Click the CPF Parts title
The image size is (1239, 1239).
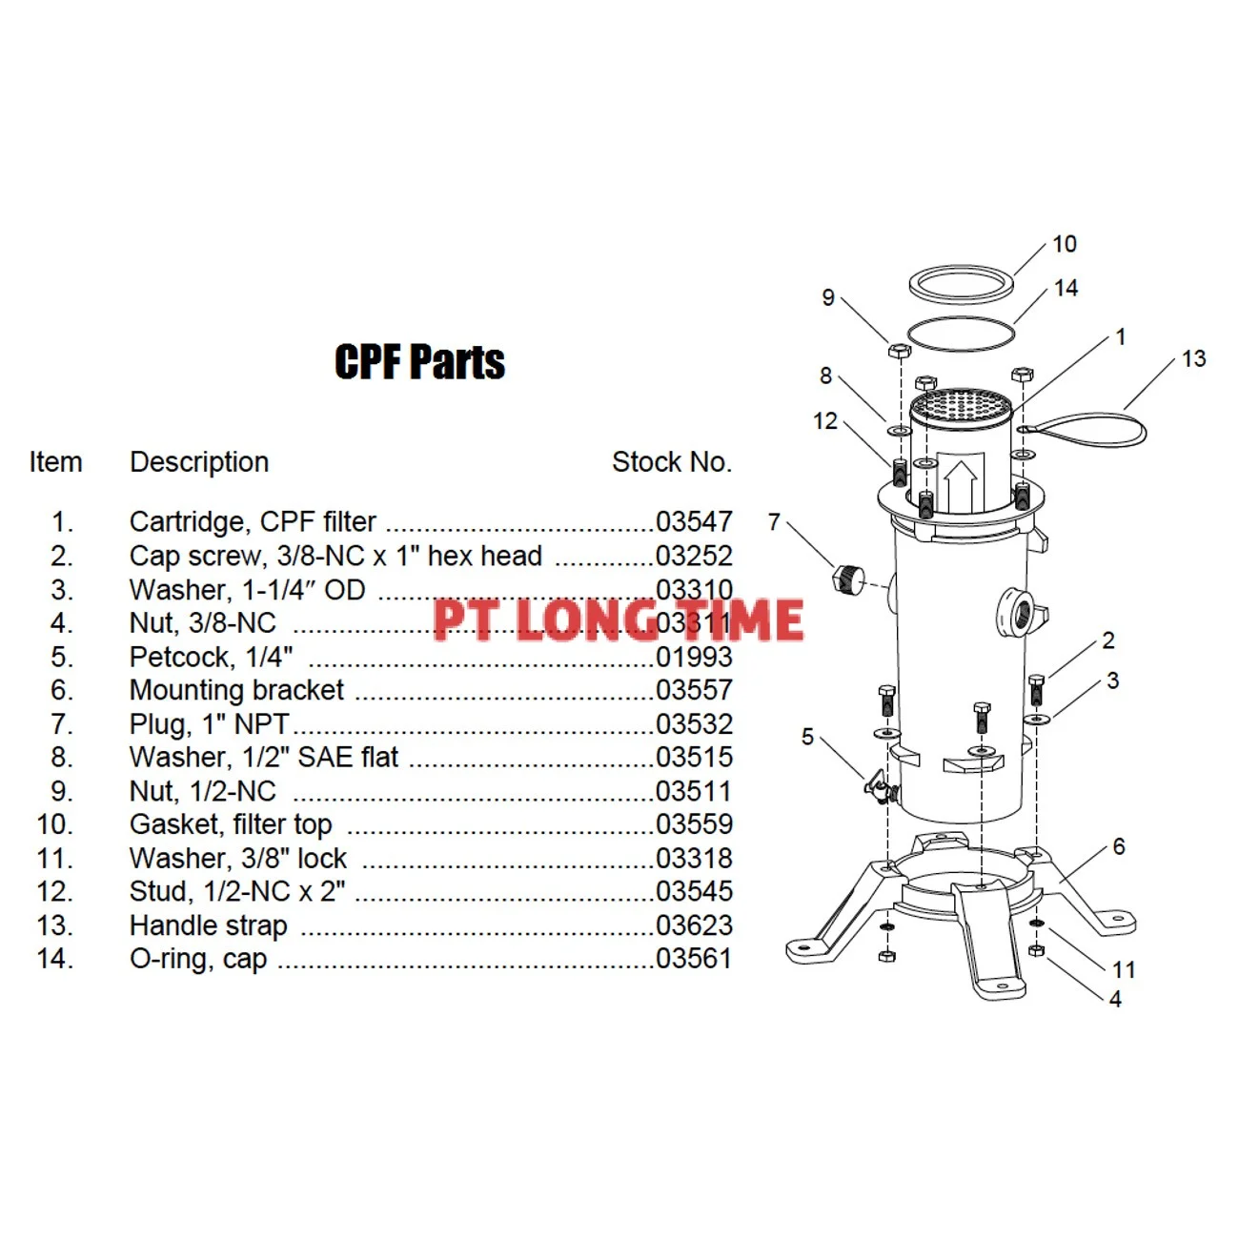[x=419, y=362]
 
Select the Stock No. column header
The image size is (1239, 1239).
[x=671, y=462]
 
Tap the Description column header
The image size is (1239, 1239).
[x=199, y=462]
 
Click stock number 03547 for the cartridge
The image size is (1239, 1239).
[x=694, y=522]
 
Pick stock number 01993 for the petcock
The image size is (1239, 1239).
[x=694, y=657]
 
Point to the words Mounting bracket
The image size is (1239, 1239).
[x=236, y=690]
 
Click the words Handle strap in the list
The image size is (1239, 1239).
[x=208, y=925]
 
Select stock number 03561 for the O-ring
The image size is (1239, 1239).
[x=694, y=959]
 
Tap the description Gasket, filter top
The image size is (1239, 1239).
[x=231, y=824]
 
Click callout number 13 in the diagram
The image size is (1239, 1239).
[x=1193, y=359]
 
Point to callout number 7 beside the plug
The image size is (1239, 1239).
[x=774, y=522]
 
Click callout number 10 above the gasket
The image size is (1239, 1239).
[x=1064, y=245]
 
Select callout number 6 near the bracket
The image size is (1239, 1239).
[x=1118, y=846]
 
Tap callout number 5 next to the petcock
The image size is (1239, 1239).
[x=807, y=737]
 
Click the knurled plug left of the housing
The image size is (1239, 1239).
[x=847, y=578]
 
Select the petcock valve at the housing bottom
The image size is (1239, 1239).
[x=879, y=787]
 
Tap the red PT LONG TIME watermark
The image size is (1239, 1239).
[x=618, y=619]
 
